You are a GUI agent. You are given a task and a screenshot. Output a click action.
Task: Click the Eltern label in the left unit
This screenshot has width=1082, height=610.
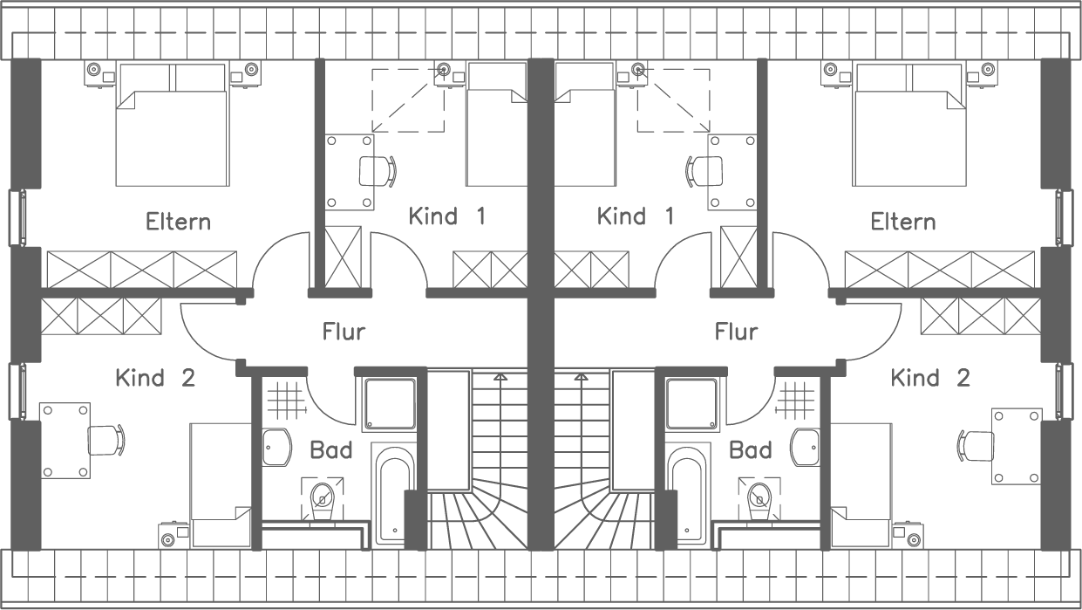click(178, 222)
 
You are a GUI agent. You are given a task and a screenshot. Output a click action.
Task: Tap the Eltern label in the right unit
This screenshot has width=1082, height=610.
click(903, 222)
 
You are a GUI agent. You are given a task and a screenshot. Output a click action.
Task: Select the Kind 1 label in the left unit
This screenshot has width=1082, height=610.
click(446, 216)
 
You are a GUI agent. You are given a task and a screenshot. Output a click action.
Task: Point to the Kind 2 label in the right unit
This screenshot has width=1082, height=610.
click(930, 378)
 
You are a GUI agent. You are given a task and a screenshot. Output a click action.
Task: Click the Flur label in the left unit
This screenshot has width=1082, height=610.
click(344, 332)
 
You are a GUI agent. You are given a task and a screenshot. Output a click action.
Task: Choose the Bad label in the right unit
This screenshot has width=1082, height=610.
click(750, 450)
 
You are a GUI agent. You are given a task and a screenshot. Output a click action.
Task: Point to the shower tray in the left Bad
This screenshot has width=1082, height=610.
click(390, 404)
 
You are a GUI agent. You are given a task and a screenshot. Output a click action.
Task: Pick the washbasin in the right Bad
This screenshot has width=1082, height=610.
click(806, 448)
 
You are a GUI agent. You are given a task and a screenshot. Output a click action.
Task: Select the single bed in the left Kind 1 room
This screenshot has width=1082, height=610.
click(496, 124)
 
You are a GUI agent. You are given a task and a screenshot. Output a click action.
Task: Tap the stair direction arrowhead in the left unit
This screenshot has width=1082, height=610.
click(500, 377)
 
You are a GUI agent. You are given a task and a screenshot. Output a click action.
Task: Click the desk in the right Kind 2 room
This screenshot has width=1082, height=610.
click(1017, 445)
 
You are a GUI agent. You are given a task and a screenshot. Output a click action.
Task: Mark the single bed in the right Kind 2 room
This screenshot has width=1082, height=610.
click(861, 484)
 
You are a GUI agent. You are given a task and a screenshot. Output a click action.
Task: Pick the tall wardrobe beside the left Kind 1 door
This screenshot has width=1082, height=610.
click(343, 256)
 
